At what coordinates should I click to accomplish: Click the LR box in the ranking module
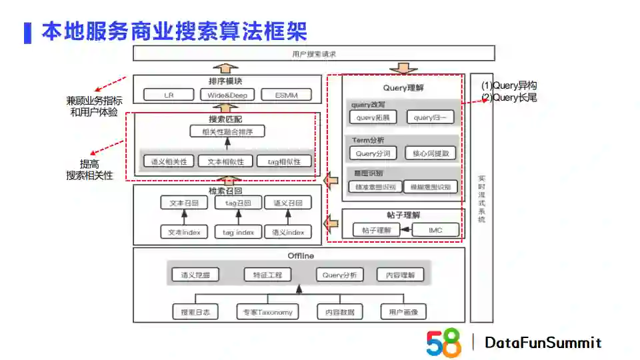coord(169,95)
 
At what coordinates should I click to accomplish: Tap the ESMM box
coord(286,95)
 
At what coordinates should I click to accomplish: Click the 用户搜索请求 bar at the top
coord(314,53)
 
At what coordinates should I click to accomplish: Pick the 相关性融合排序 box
coord(227,132)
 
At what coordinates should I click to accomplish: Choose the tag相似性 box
coord(288,161)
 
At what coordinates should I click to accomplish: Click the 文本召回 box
coord(184,203)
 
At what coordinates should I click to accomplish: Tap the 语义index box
coord(288,232)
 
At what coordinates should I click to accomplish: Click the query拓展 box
coord(373,117)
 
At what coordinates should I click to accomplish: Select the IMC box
coord(435,230)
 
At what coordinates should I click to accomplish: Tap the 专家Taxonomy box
coord(267,311)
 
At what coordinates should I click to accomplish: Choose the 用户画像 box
coord(403,311)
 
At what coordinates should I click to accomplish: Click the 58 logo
coord(443,343)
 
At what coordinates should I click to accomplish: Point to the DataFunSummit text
coord(543,343)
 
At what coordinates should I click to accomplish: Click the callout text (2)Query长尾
coord(509,97)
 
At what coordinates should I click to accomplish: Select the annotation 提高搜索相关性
coord(89,170)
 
